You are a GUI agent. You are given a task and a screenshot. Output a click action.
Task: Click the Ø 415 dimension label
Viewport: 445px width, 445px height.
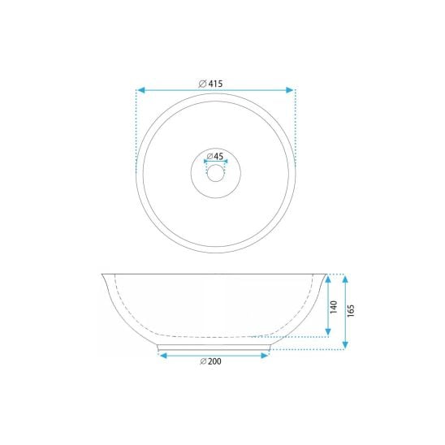coord(210,84)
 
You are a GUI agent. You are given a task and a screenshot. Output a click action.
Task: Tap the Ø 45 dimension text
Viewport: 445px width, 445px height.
coord(215,156)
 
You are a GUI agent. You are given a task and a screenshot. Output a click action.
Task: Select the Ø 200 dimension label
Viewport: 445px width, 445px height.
coord(210,361)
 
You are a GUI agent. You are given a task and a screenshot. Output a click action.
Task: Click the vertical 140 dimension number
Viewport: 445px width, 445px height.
coord(334,307)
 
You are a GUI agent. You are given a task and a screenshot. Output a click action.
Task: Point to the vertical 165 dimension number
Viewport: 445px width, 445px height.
coord(351,310)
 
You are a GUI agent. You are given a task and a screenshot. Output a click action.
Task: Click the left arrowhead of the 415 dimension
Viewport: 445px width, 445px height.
coord(141,90)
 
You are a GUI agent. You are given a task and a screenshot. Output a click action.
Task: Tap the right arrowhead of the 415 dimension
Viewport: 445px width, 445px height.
coord(289,90)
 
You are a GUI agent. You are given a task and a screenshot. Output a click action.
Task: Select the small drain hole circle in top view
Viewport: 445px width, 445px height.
coord(216,173)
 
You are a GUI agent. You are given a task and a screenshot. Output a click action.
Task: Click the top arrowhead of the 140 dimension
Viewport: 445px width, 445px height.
coord(328,279)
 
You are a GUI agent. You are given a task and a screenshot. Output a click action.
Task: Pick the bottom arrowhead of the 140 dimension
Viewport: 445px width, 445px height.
coord(328,332)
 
